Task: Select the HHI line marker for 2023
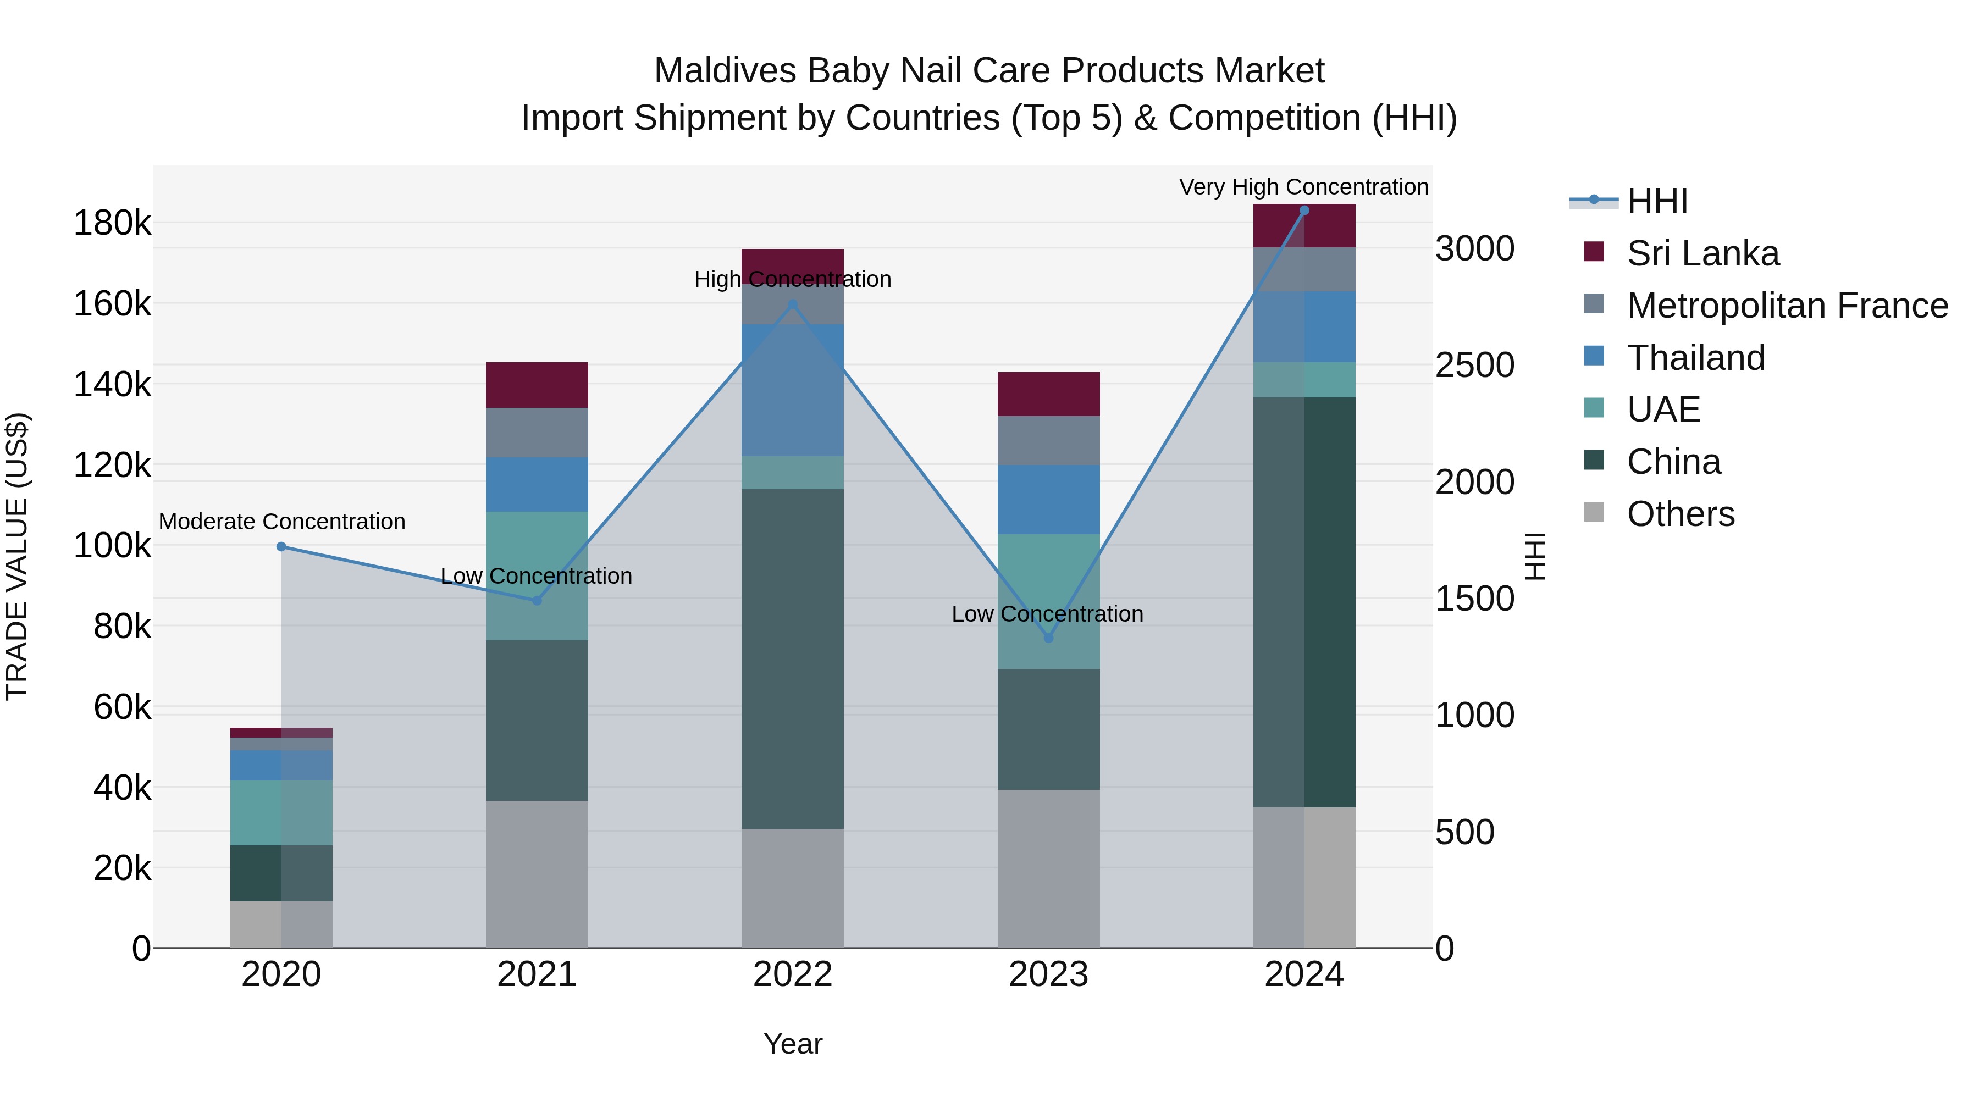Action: pos(1049,638)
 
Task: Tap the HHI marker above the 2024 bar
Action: pos(1304,211)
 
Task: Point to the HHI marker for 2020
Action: pos(281,547)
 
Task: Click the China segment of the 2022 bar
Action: pos(793,658)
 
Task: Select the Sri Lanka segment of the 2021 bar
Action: pos(537,385)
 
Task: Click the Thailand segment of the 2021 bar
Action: pos(537,485)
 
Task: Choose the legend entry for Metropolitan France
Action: pos(1787,306)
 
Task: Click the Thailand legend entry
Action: pos(1695,358)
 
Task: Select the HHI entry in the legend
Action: pos(1657,201)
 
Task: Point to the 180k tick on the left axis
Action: pos(112,224)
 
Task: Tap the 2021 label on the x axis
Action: pos(537,974)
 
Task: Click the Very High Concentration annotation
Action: pos(1304,187)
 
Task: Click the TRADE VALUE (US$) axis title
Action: pos(17,556)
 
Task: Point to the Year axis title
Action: pos(793,1044)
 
